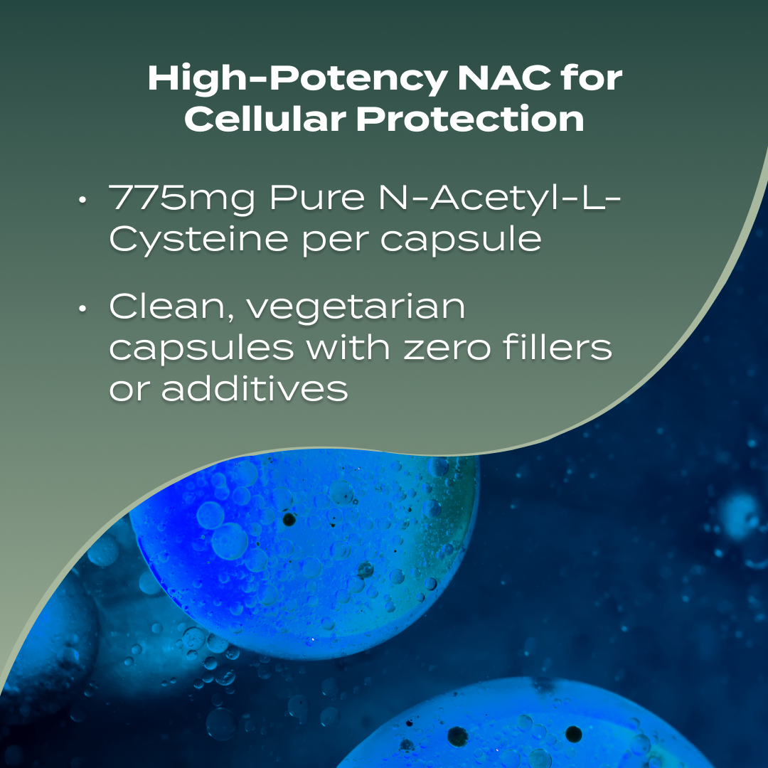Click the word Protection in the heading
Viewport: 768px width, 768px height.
pyautogui.click(x=470, y=119)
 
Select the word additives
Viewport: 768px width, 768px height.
pyautogui.click(x=255, y=388)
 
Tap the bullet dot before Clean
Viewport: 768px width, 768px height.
pyautogui.click(x=83, y=309)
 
